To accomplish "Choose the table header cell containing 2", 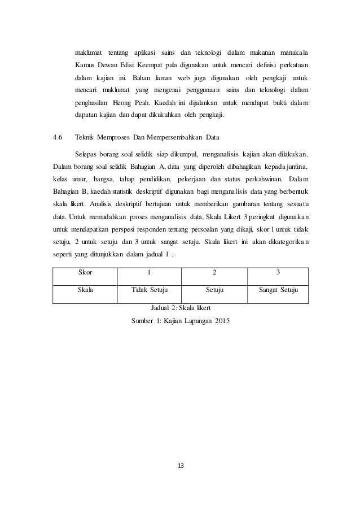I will pyautogui.click(x=213, y=273).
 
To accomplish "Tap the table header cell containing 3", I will pyautogui.click(x=278, y=273).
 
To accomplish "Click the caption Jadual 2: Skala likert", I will pyautogui.click(x=180, y=310).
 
